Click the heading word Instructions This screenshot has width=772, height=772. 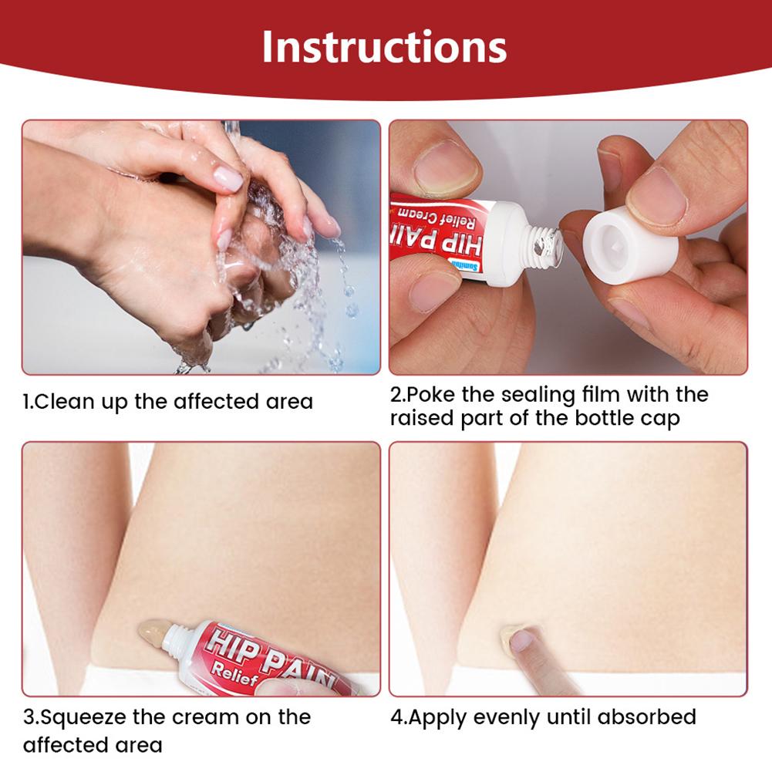pos(384,47)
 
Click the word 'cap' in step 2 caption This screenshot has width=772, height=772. pos(660,420)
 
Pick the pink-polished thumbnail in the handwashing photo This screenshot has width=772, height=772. pos(228,178)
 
